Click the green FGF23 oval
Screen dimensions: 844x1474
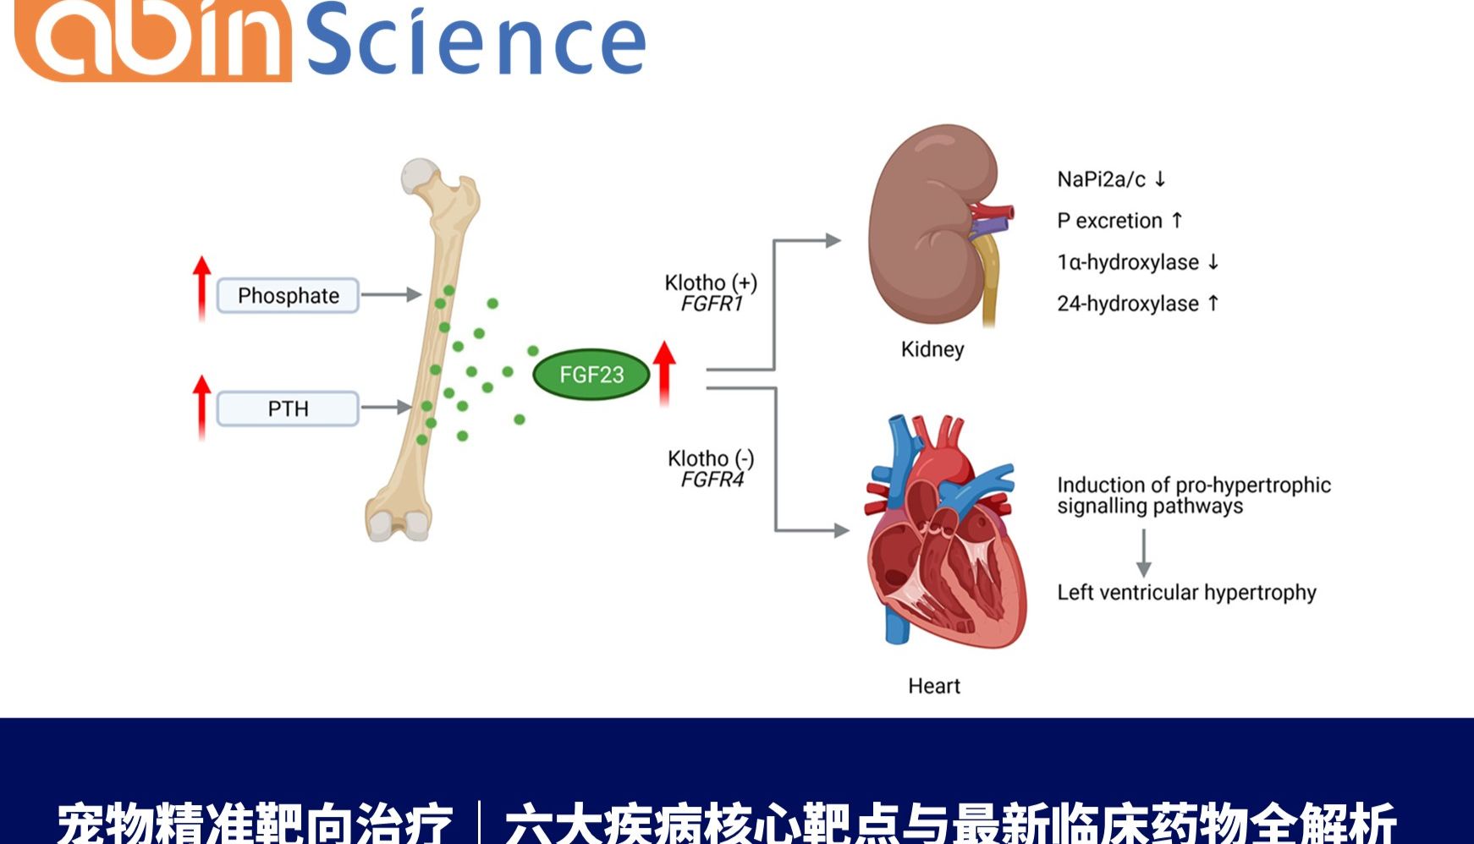pos(591,375)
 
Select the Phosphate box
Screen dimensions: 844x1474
pos(288,296)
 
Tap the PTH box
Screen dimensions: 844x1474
pos(288,409)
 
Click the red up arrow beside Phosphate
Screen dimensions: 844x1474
pos(201,288)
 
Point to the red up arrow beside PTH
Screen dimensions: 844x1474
pos(201,406)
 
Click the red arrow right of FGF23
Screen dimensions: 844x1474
pos(664,372)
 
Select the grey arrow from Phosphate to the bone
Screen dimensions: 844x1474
pos(391,295)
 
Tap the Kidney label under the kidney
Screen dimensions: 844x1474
pos(932,349)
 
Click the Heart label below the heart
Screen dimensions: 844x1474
pos(933,686)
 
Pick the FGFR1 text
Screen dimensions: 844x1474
pos(712,304)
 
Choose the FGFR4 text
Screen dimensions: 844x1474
pos(712,480)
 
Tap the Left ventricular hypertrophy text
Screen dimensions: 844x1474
pos(1186,593)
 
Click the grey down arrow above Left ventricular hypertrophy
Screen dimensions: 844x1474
pos(1143,554)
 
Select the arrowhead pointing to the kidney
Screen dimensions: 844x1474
pos(833,241)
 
